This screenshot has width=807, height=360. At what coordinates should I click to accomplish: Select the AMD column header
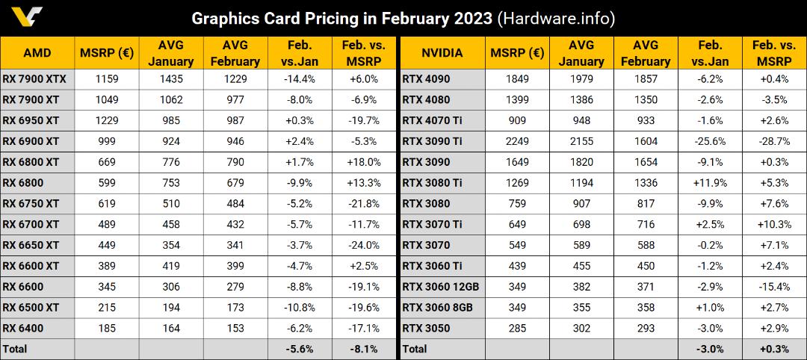click(37, 52)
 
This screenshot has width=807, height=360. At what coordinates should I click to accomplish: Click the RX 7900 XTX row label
click(35, 79)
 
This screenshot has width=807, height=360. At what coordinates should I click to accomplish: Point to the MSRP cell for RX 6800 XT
click(107, 162)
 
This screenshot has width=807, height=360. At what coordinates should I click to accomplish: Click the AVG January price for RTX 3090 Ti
click(581, 141)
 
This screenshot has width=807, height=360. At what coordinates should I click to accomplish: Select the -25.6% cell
click(711, 141)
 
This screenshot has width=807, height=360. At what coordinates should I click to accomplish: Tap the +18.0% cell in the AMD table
click(365, 162)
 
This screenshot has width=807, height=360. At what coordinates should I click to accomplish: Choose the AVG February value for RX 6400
click(235, 328)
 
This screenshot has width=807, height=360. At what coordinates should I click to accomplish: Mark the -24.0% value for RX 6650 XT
click(365, 245)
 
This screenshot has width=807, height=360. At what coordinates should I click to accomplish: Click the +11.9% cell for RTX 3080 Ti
click(711, 182)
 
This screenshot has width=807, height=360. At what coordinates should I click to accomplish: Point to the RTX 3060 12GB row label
click(441, 287)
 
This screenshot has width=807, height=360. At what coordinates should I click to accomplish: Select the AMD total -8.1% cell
click(365, 349)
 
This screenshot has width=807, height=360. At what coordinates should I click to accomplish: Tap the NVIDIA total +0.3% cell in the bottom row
click(774, 349)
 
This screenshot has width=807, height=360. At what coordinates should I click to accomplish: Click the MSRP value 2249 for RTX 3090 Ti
click(517, 141)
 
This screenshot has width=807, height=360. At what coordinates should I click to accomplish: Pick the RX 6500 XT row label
click(31, 307)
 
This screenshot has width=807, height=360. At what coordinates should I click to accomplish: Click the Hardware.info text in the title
click(557, 19)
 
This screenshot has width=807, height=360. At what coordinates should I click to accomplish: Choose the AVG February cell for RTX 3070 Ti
click(646, 224)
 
